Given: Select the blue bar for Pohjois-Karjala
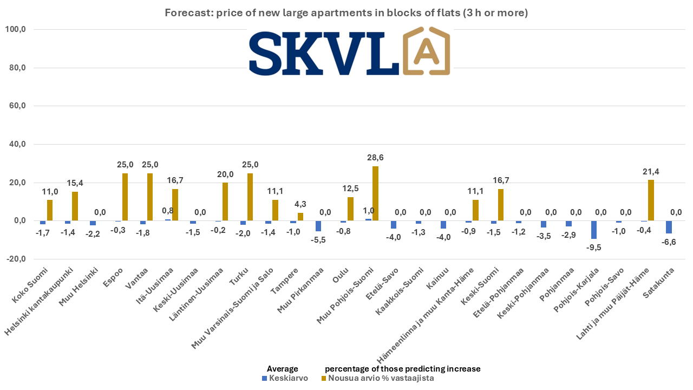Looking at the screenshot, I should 594,230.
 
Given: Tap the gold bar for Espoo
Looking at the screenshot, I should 125,197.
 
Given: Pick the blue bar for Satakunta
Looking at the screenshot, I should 669,227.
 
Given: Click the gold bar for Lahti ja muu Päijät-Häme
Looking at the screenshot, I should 651,200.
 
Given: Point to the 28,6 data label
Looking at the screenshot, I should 375,158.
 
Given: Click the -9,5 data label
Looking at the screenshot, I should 594,248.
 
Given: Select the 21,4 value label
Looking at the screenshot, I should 650,172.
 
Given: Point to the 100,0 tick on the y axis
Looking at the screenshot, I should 16,30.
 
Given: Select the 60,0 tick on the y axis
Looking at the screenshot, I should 17,106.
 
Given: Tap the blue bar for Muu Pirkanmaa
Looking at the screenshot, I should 318,226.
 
